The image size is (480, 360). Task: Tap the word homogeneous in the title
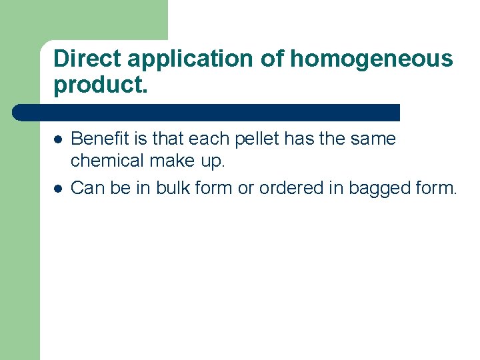coord(371,59)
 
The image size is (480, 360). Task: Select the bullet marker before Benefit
coord(58,140)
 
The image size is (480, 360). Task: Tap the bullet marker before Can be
coord(58,189)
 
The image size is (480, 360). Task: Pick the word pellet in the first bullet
coord(255,139)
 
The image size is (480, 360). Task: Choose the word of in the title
coord(273,59)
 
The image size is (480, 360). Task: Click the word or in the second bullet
coord(246,189)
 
